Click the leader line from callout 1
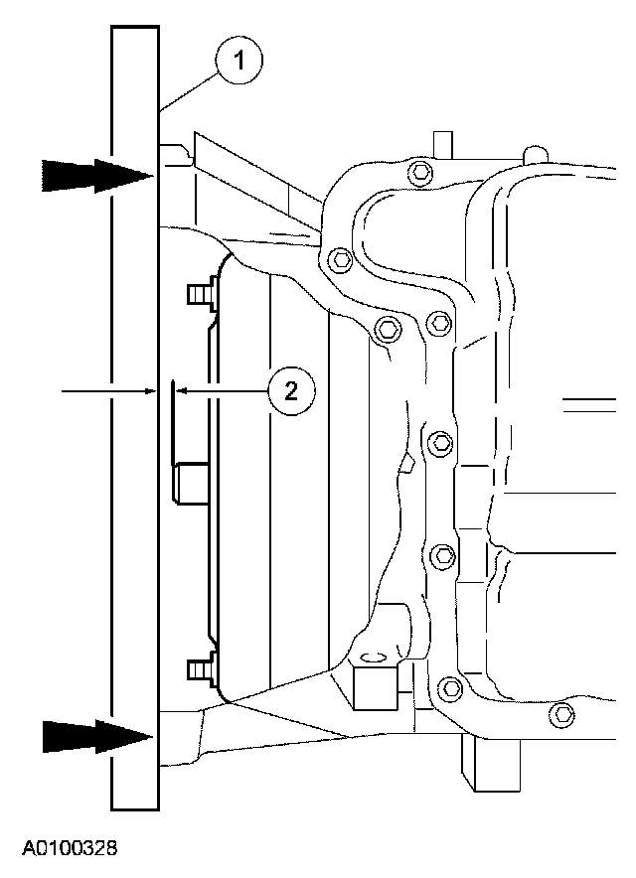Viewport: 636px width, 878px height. coord(189,89)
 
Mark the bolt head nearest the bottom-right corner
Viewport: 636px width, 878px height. coord(563,713)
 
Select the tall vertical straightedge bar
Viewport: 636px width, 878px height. coord(134,417)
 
